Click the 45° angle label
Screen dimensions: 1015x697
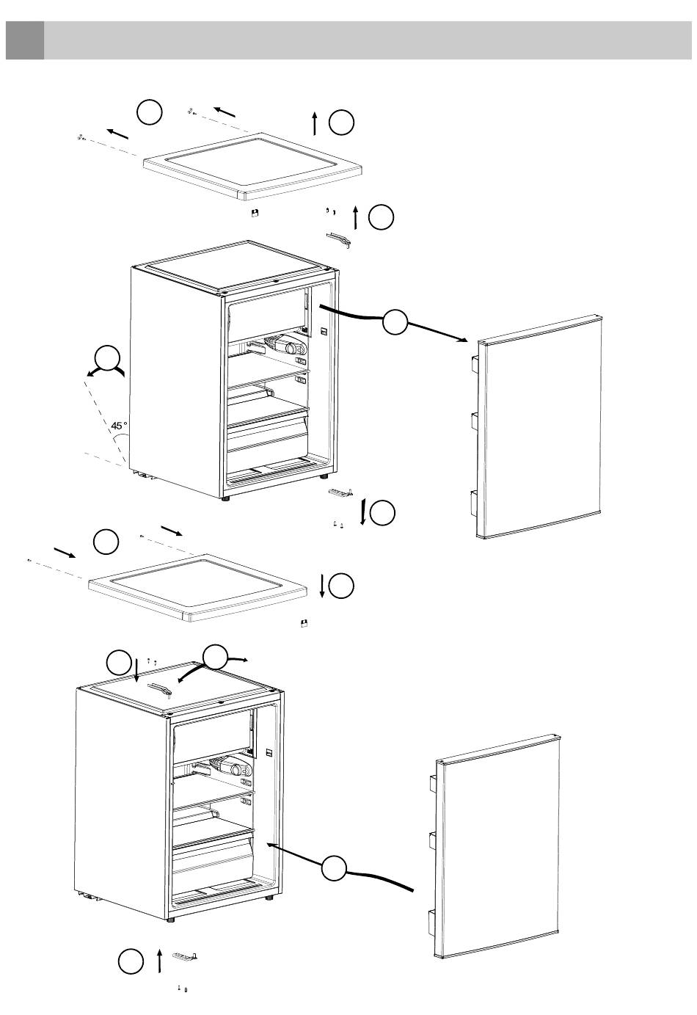[x=120, y=426]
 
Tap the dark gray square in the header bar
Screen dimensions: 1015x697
[x=24, y=40]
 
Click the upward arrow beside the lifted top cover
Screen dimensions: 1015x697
[x=315, y=123]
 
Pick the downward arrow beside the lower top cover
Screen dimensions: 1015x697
[x=321, y=586]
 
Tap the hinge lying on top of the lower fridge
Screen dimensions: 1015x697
[x=160, y=688]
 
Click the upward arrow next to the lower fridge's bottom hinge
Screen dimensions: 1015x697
[x=159, y=960]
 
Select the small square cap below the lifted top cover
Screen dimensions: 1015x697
[x=255, y=214]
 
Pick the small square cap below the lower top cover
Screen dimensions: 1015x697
[x=304, y=623]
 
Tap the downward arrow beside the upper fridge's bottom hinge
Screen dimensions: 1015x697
[x=363, y=512]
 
